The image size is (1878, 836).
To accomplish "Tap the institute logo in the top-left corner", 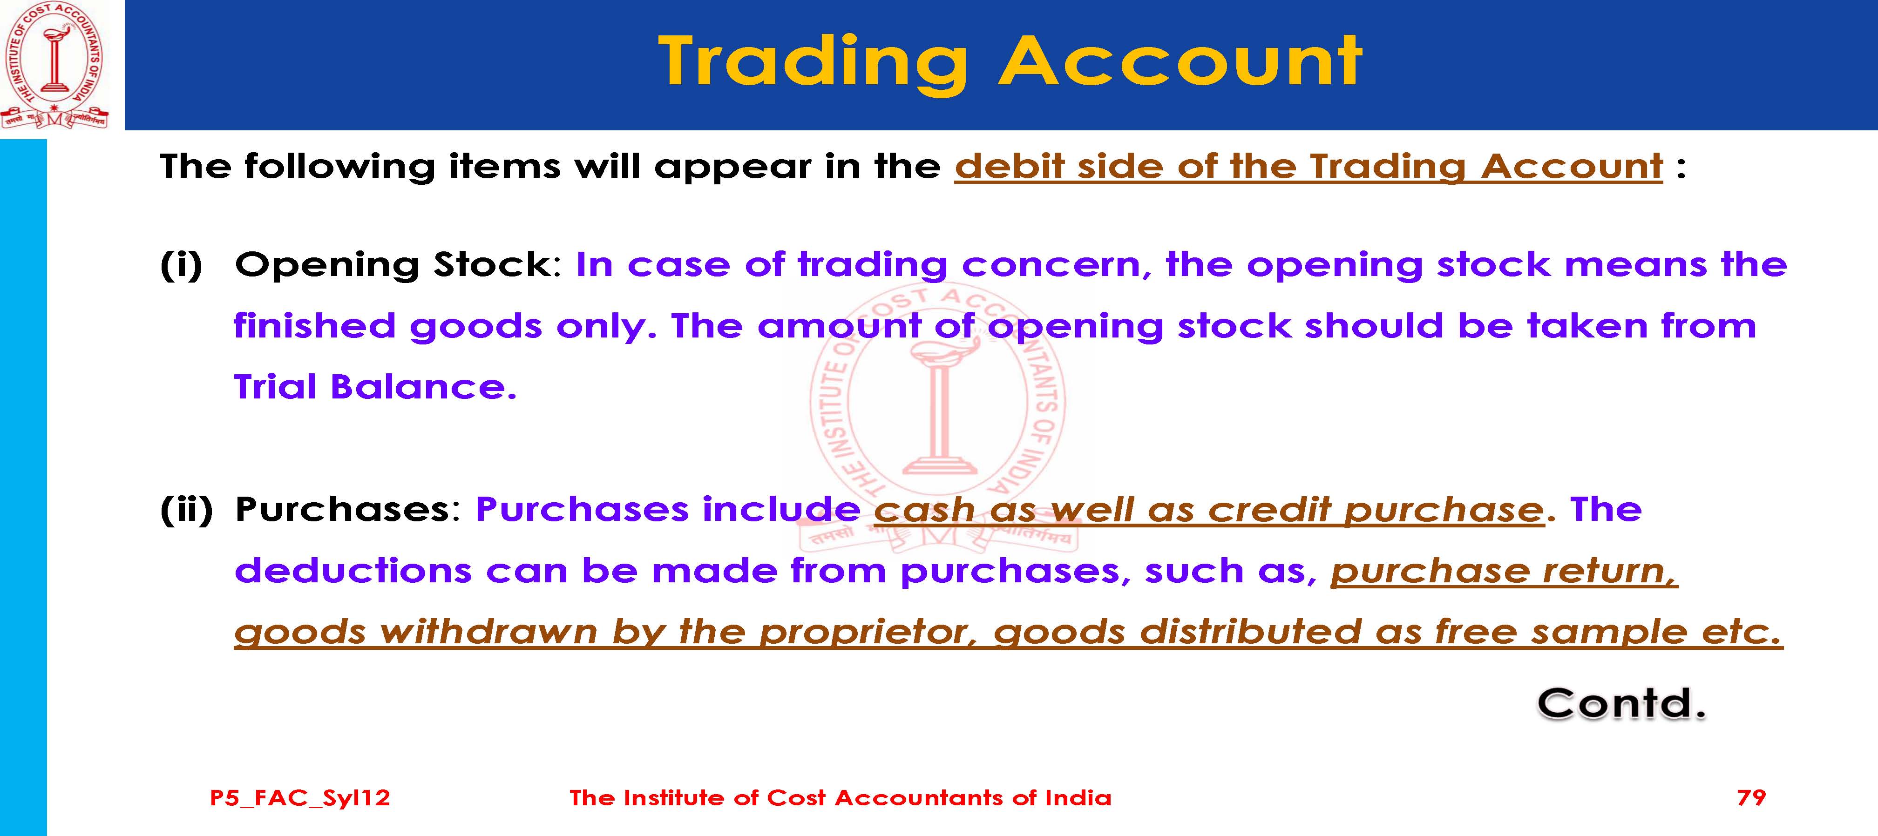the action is click(54, 66).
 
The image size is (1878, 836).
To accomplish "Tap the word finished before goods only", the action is click(314, 326).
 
